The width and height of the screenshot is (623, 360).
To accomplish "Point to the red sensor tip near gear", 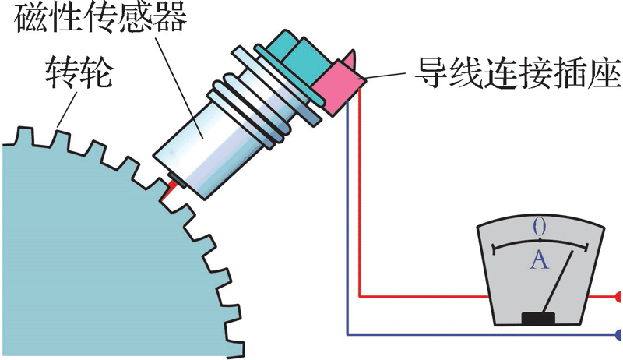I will click(167, 188).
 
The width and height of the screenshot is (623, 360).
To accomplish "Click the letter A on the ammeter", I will click(539, 260).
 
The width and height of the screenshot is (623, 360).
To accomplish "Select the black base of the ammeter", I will click(538, 318).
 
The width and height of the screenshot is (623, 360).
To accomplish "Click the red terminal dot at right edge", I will click(618, 297).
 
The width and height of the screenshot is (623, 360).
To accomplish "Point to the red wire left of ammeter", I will click(421, 297).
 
